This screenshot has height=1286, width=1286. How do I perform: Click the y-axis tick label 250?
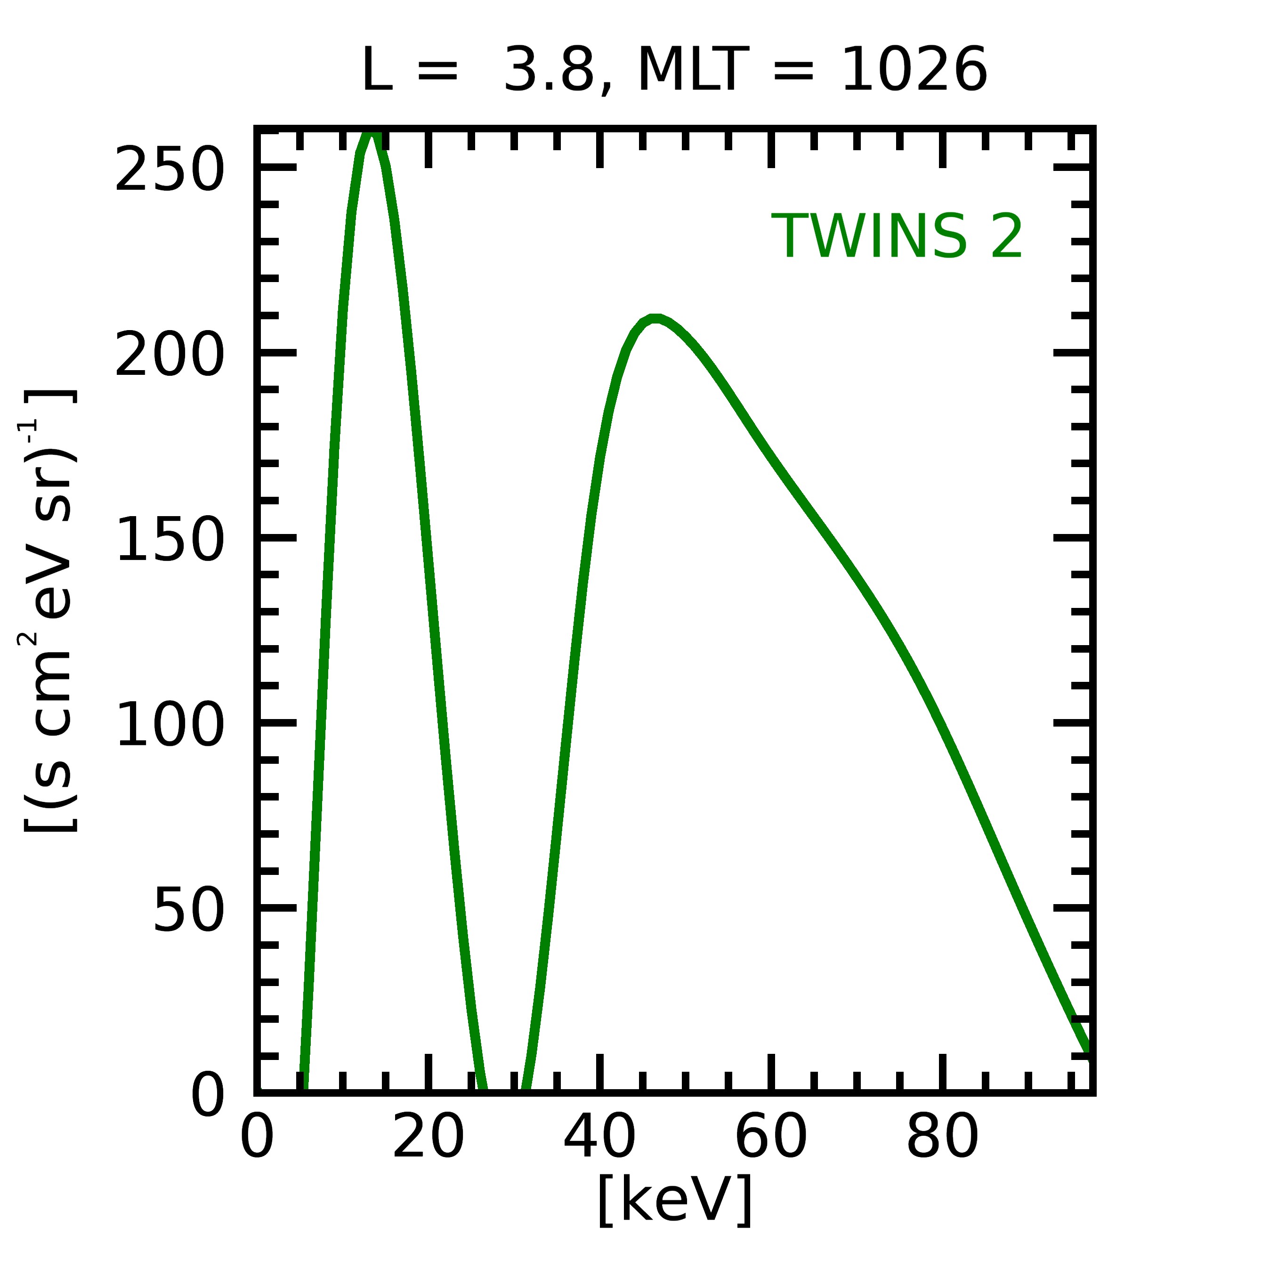click(169, 170)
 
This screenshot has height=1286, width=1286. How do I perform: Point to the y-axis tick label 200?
click(169, 356)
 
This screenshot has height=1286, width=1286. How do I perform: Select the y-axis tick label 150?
click(169, 541)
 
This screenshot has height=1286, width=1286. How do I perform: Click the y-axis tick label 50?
click(188, 911)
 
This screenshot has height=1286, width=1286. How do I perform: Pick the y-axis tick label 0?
click(208, 1096)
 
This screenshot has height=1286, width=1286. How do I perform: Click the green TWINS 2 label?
click(897, 237)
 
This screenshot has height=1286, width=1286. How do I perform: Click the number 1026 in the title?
click(914, 71)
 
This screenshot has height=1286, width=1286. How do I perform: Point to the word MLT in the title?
click(694, 71)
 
